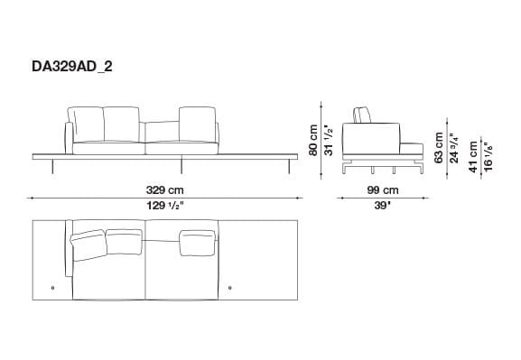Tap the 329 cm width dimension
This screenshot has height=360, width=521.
click(x=165, y=190)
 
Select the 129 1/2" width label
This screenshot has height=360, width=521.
click(x=165, y=207)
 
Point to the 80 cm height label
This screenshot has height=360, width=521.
click(x=313, y=139)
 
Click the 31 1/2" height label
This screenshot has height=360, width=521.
click(x=330, y=139)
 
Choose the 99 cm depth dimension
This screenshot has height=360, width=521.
click(x=382, y=190)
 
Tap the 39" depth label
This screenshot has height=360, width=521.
click(x=382, y=207)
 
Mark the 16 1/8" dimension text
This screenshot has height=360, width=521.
click(x=488, y=155)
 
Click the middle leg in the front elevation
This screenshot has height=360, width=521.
click(x=183, y=165)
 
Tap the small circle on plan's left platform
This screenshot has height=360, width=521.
click(x=53, y=289)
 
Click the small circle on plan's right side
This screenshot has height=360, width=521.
click(x=230, y=289)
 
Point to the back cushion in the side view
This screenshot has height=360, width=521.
click(x=363, y=115)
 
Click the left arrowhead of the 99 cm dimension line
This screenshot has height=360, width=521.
click(x=340, y=198)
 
